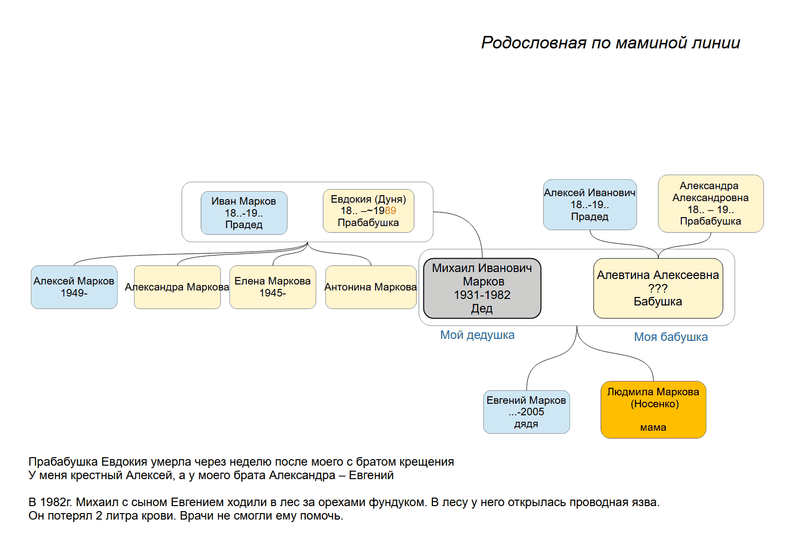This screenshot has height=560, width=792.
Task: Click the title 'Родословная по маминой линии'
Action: click(610, 43)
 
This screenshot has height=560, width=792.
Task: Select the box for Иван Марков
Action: click(244, 213)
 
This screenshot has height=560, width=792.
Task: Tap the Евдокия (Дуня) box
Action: click(369, 211)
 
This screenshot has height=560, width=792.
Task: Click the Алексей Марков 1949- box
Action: click(74, 287)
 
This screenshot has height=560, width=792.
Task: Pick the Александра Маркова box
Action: click(178, 287)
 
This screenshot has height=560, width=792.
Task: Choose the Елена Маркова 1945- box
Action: click(273, 287)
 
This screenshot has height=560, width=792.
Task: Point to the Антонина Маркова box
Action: click(371, 287)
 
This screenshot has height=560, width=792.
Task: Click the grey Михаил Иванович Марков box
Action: click(482, 288)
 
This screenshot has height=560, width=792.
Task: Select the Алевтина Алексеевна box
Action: click(658, 288)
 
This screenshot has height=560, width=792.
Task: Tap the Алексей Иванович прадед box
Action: click(590, 205)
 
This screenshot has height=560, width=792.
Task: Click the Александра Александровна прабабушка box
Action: click(711, 204)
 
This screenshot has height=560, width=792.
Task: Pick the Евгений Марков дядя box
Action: click(527, 412)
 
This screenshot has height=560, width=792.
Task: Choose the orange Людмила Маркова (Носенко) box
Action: click(653, 410)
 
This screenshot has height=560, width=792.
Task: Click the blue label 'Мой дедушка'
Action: click(477, 335)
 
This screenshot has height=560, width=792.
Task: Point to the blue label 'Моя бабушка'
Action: click(671, 337)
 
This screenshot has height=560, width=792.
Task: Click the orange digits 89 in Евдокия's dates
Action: click(390, 211)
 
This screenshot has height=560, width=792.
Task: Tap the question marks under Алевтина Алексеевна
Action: click(658, 288)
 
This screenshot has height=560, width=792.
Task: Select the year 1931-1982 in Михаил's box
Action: click(482, 295)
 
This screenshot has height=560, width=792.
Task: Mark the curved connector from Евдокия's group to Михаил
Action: click(470, 223)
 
